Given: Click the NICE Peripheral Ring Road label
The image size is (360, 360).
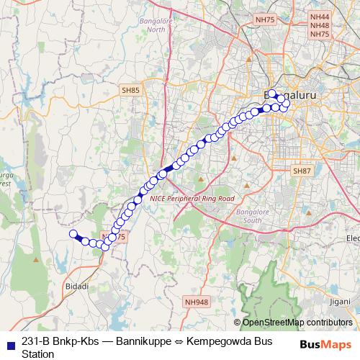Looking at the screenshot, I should click(x=197, y=197).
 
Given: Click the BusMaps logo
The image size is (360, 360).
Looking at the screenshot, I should click(x=326, y=344).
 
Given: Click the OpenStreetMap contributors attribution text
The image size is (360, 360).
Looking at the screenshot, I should click(x=297, y=323).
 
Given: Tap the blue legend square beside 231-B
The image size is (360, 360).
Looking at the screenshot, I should click(x=9, y=343).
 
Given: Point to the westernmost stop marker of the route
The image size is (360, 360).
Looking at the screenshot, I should click(x=73, y=233).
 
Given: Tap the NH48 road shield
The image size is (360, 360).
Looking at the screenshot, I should click(x=319, y=25).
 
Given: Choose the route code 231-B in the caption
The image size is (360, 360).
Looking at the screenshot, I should click(x=36, y=342).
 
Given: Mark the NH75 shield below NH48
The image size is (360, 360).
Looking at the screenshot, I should click(x=319, y=35).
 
